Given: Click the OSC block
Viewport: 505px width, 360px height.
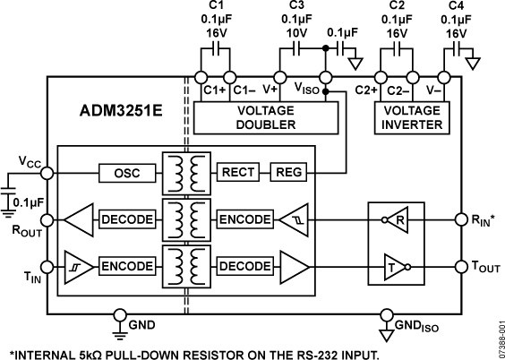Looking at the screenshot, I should tap(126, 172).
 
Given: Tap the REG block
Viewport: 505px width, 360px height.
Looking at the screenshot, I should tap(288, 172).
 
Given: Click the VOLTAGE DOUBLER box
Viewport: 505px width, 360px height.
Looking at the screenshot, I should tap(266, 118).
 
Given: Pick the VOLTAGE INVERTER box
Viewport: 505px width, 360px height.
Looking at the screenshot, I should tap(411, 118).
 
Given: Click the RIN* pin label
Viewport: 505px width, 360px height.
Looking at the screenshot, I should tap(484, 217).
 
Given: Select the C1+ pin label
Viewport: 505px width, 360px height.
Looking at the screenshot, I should tap(213, 90).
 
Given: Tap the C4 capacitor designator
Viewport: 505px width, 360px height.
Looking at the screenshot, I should tap(456, 7).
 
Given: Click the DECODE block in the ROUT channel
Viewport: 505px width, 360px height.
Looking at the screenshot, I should tap(126, 219).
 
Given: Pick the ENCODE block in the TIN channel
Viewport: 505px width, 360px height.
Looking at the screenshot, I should tap(126, 265).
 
